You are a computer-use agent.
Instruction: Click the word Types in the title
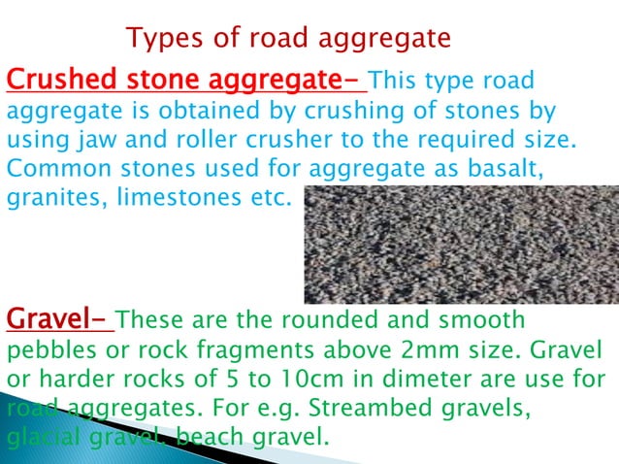tap(159, 39)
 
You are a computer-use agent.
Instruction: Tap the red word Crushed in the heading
tap(54, 77)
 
